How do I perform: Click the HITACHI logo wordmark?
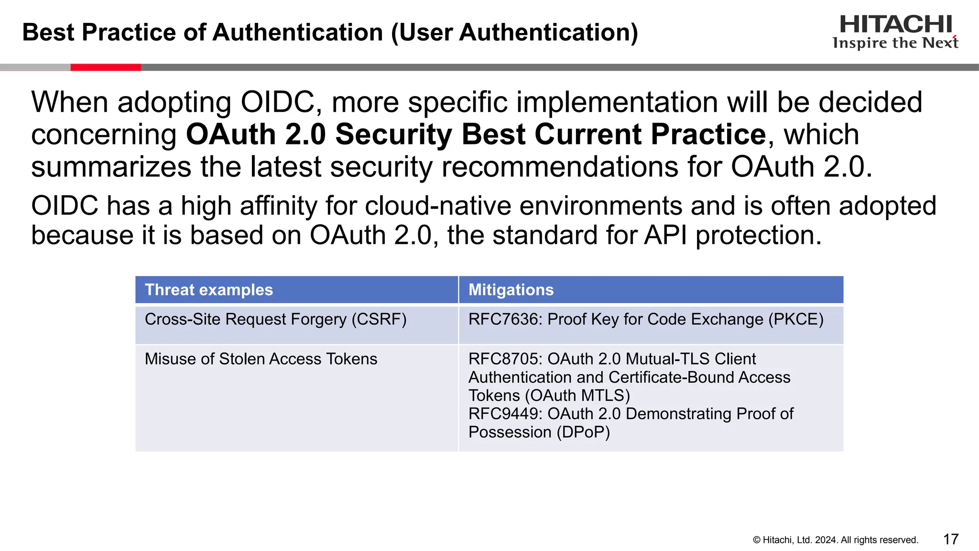point(895,24)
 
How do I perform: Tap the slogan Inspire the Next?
point(895,43)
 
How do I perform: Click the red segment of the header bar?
point(106,67)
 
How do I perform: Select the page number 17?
point(950,540)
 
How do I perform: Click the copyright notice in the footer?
point(835,540)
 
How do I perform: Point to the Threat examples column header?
point(209,290)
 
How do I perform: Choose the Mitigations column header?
point(511,290)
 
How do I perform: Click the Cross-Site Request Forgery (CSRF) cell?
point(275,320)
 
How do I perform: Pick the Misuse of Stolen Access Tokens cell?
point(261,359)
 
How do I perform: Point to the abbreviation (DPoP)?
point(583,432)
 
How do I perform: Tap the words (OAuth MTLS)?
point(577,396)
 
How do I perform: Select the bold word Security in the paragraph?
point(393,134)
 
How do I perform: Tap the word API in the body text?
point(665,235)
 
